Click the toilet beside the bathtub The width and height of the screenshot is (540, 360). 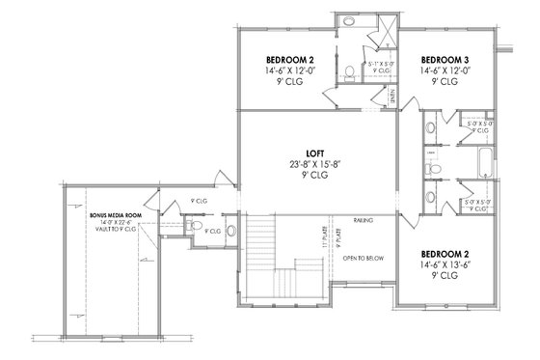(x=437, y=171)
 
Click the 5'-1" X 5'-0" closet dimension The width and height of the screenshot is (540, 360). (x=380, y=64)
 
